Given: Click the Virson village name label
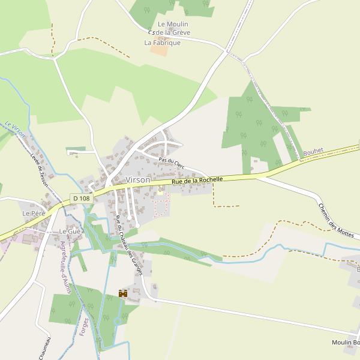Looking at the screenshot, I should (138, 179).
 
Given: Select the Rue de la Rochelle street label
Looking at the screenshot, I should (197, 179).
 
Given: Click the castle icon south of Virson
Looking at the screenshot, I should (123, 293).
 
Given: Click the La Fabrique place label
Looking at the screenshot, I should (162, 43).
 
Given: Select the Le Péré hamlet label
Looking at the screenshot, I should (34, 214).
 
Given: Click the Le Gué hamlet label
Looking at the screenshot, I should (70, 231).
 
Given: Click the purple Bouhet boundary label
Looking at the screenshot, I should (313, 152).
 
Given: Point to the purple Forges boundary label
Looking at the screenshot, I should (83, 326).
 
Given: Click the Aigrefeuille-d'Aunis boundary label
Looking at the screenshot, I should (65, 267).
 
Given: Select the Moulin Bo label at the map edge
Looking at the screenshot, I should (345, 343).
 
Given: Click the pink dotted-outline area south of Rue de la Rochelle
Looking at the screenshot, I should (161, 207).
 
